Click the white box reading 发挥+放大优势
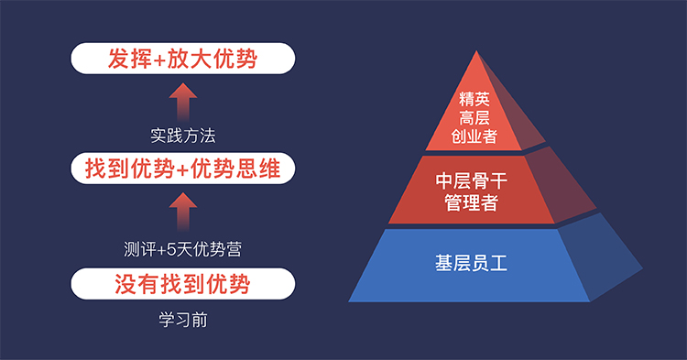(x=182, y=60)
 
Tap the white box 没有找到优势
(x=182, y=282)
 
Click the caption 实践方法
(x=182, y=136)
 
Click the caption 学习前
(x=182, y=322)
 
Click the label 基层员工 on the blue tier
(x=471, y=265)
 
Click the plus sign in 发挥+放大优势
(x=158, y=60)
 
